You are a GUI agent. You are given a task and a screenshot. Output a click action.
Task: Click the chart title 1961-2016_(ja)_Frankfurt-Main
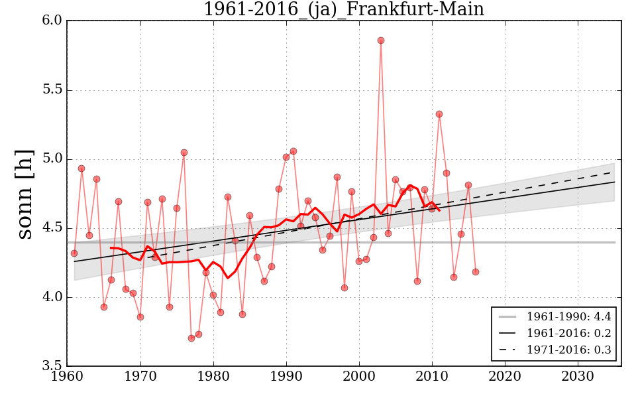coord(343,9)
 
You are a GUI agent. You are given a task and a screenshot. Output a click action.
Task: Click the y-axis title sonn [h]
coord(25,193)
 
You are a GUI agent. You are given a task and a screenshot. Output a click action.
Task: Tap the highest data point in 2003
coord(381,40)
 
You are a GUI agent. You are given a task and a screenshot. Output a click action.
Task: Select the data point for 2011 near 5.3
coord(439,114)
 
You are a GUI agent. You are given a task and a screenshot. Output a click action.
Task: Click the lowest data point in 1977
coord(191,338)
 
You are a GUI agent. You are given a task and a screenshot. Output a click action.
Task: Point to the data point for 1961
coord(74,253)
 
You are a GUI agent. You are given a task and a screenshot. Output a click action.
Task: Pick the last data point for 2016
coord(476,272)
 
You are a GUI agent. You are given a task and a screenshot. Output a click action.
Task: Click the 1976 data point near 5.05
coord(184,153)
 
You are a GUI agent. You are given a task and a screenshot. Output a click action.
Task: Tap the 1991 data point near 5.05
coord(293,151)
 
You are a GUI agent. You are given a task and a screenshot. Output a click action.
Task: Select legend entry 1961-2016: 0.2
coord(568,334)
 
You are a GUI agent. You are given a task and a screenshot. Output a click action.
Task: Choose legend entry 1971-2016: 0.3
coord(568,350)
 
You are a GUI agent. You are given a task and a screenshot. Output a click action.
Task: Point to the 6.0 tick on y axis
coord(53,21)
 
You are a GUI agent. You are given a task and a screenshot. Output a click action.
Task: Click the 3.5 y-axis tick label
coord(53,366)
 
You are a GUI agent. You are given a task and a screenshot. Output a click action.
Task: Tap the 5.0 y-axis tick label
coord(53,159)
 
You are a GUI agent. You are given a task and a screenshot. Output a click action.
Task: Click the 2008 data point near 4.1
coord(417,281)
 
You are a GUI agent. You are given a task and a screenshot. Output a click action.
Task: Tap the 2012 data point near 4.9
coord(447,173)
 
